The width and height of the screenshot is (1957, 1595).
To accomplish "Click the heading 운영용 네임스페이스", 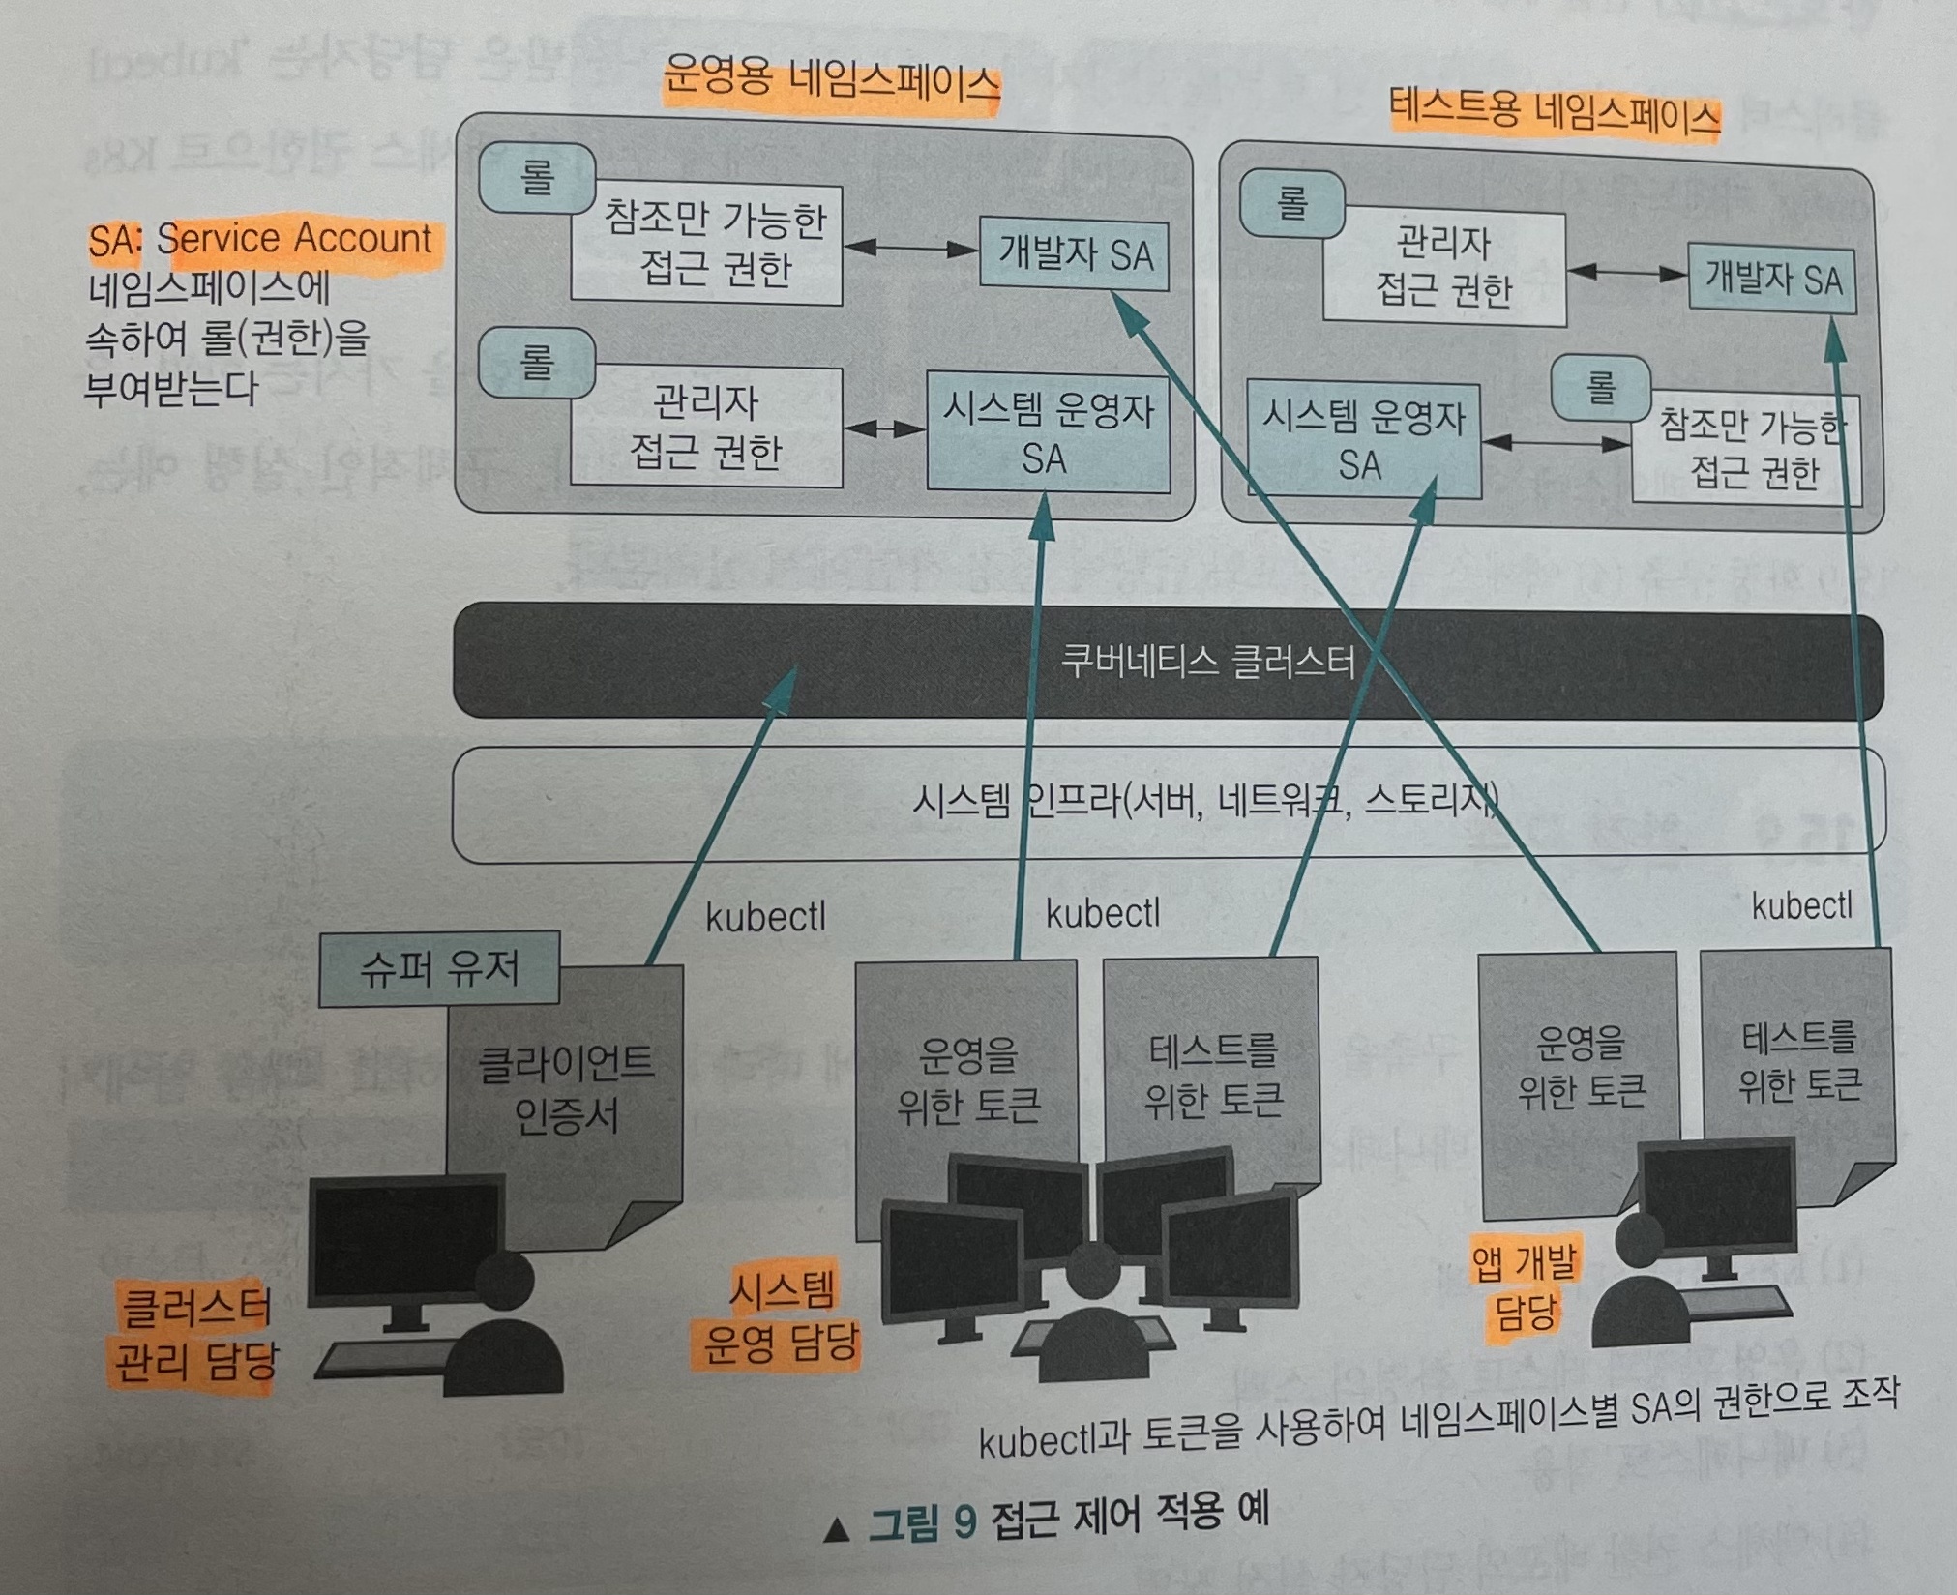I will pyautogui.click(x=831, y=83).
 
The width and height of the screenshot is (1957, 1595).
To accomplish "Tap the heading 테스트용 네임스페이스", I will pyautogui.click(x=1555, y=114).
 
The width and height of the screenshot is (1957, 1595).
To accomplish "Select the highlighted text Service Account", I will pyautogui.click(x=294, y=239).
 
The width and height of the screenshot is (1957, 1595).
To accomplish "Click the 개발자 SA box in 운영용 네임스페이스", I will pyautogui.click(x=1074, y=255).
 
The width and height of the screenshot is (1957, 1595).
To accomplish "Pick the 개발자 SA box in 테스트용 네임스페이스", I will pyautogui.click(x=1772, y=281).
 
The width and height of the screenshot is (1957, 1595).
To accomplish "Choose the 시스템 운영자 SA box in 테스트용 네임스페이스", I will pyautogui.click(x=1363, y=441).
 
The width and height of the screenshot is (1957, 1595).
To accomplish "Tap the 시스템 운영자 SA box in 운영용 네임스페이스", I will pyautogui.click(x=1048, y=434).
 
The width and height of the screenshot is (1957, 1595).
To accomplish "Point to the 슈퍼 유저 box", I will pyautogui.click(x=439, y=968).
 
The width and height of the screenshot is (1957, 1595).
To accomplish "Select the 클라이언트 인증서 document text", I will pyautogui.click(x=566, y=1089).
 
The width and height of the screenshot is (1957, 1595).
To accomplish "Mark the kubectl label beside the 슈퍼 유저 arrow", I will pyautogui.click(x=765, y=917).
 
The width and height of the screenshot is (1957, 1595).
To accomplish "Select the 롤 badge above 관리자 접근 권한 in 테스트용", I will pyautogui.click(x=1292, y=204).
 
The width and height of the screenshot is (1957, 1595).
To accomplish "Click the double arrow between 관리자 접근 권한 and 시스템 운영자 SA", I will pyautogui.click(x=884, y=428).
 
